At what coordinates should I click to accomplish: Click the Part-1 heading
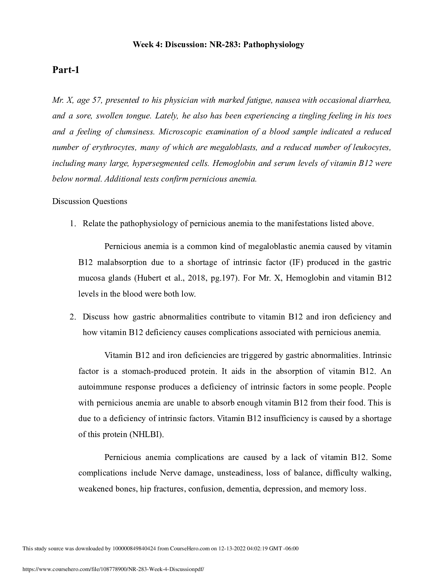click(66, 70)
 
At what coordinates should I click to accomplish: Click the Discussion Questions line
click(90, 201)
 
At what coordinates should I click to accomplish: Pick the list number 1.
click(73, 224)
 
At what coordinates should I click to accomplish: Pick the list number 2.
click(73, 317)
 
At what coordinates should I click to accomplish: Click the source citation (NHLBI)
click(147, 434)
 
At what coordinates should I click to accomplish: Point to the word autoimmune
click(100, 387)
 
